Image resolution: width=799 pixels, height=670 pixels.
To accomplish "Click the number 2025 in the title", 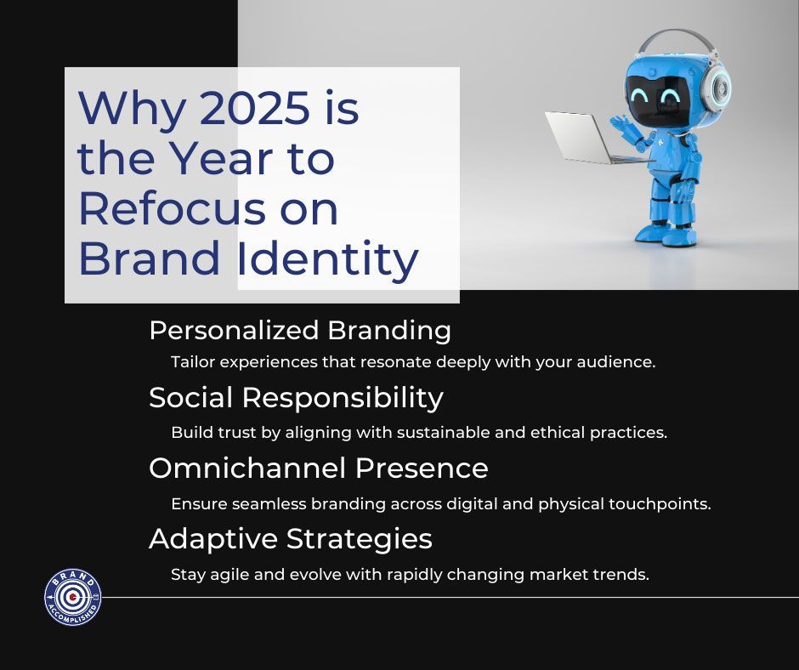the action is click(x=254, y=108).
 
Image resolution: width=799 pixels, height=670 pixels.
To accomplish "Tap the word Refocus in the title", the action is click(x=173, y=208).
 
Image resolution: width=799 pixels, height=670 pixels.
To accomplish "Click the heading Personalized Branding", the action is click(x=300, y=331).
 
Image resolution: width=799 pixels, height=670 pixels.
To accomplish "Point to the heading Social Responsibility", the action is click(x=296, y=398).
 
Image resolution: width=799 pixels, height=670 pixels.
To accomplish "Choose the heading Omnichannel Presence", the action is click(x=319, y=468).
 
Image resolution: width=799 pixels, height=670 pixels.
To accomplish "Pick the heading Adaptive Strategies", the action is click(x=291, y=539).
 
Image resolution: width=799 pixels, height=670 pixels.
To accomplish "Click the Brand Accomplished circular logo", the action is click(x=73, y=597).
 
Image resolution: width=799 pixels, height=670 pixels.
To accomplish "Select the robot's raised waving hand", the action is click(x=621, y=124).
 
